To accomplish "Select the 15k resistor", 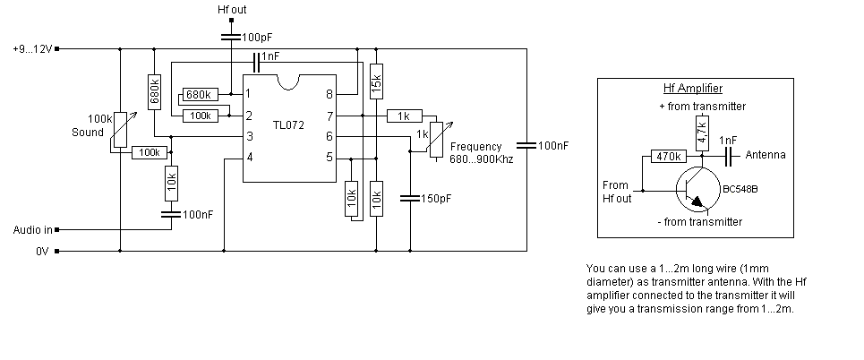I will [376, 81].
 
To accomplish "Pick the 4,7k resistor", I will [702, 133].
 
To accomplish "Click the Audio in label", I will [31, 230].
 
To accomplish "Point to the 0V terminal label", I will [42, 252].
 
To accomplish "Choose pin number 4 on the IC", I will [250, 158].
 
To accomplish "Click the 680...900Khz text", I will [481, 159].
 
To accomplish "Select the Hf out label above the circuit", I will [232, 10].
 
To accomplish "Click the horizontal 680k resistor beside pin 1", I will [199, 94].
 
